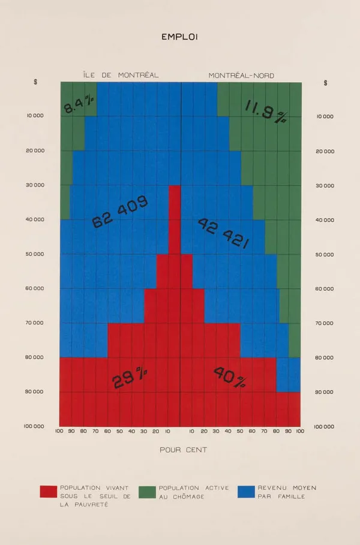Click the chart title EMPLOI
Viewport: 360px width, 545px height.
click(179, 37)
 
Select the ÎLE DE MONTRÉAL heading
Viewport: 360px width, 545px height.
click(121, 75)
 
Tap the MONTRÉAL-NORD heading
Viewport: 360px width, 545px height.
click(241, 76)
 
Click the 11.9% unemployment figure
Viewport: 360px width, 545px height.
click(265, 111)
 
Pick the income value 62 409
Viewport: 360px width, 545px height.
click(120, 212)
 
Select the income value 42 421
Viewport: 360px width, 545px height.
click(223, 233)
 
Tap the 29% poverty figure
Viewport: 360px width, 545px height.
click(130, 378)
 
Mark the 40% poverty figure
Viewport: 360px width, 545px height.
click(229, 377)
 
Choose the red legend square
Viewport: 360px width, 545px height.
click(48, 492)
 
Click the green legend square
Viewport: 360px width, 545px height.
click(147, 492)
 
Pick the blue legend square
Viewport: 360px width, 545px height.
click(246, 492)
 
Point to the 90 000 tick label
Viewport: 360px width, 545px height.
click(35, 392)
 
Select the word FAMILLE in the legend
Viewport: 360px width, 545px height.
click(290, 496)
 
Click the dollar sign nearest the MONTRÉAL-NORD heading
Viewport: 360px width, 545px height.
click(325, 83)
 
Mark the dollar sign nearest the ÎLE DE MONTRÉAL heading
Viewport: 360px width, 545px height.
click(35, 82)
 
